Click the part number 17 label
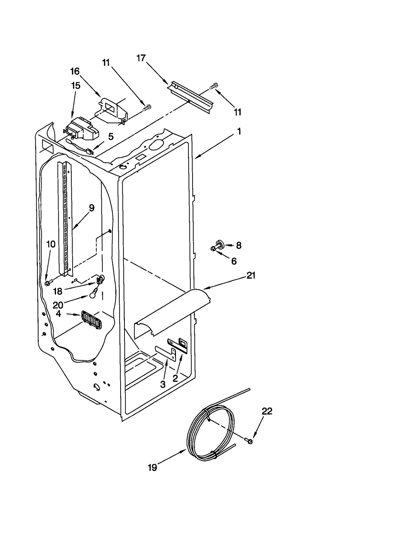coord(141,58)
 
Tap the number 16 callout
coord(75,71)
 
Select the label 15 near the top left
coord(76,86)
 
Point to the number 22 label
coord(267,412)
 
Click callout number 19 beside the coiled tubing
coord(152,467)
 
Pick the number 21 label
coord(251,276)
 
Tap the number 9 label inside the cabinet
coord(91,208)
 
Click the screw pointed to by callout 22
coord(249,441)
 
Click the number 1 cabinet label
coord(239,132)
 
